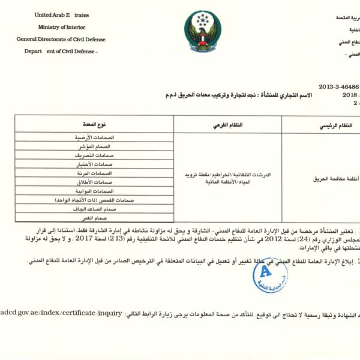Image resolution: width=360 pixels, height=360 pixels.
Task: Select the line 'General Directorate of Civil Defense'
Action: tap(61, 39)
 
